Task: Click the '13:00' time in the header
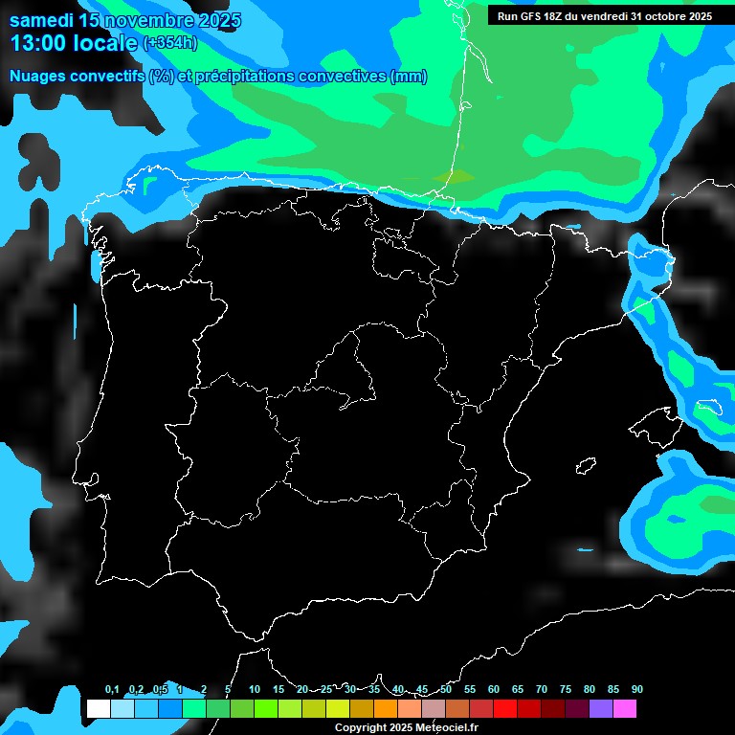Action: click(x=39, y=43)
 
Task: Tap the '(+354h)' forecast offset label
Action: click(x=169, y=43)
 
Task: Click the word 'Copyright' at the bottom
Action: click(x=362, y=727)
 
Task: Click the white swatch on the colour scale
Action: click(x=98, y=709)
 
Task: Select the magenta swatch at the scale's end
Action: click(x=624, y=709)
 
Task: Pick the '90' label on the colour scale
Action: click(x=636, y=690)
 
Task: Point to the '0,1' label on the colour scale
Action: click(x=112, y=690)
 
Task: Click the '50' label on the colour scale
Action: click(x=446, y=690)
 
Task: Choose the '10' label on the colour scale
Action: click(x=254, y=690)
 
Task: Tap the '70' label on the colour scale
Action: click(x=542, y=690)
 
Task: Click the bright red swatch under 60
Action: click(x=504, y=709)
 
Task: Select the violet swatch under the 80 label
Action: click(x=600, y=709)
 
